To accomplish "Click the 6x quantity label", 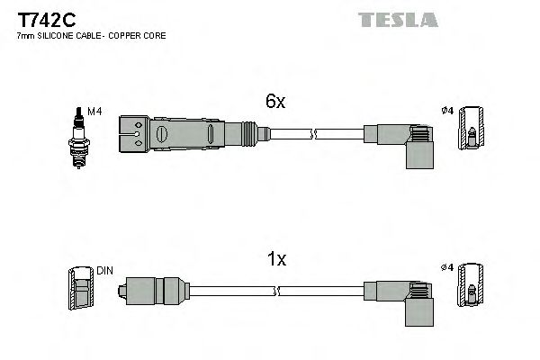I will (x=274, y=103).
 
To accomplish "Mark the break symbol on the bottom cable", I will (x=278, y=291).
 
